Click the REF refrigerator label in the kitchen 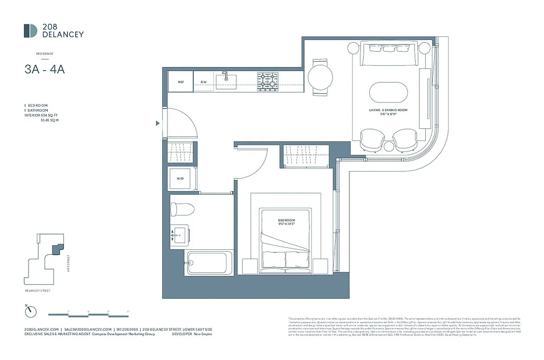point(181,82)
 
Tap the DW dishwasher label point(204,82)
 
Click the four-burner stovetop point(268,81)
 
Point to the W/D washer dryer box point(180,178)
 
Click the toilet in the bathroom point(182,210)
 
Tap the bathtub point(210,262)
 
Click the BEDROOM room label point(286,220)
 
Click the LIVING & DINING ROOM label point(388,110)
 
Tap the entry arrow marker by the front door point(157,123)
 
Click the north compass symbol point(30,311)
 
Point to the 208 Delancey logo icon point(31,31)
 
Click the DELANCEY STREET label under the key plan point(38,291)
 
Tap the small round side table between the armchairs point(389,146)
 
